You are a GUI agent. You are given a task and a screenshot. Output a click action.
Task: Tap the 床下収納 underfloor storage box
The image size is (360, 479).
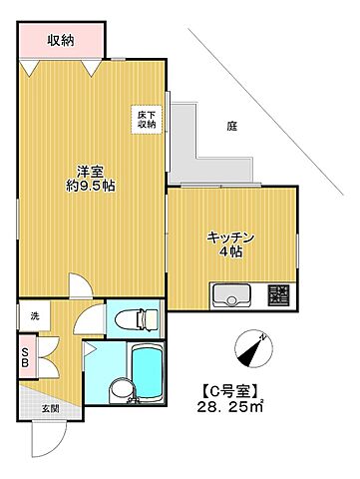click(x=147, y=119)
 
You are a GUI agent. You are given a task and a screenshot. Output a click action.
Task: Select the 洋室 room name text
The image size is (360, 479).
click(x=86, y=169)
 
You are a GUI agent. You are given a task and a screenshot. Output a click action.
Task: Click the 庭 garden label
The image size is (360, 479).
click(x=231, y=126)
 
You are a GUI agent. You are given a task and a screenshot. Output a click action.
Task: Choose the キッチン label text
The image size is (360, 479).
click(x=232, y=237)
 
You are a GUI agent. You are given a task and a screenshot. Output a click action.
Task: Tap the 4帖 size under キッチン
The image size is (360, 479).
click(x=232, y=252)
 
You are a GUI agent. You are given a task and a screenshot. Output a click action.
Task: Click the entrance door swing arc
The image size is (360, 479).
click(x=44, y=439)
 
